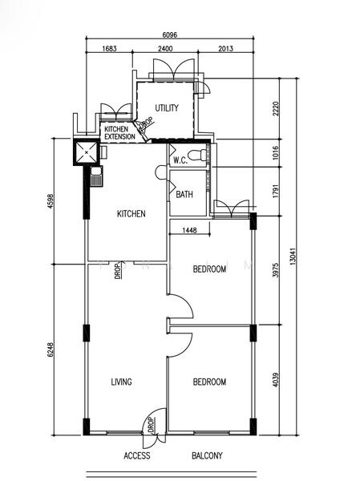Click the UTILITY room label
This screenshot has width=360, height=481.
167,108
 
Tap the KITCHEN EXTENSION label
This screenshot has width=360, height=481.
119,133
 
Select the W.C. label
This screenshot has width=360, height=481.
180,160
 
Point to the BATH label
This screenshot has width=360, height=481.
184,194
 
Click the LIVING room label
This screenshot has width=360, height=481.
122,382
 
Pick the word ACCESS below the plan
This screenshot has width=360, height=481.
137,455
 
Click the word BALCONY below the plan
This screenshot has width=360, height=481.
207,455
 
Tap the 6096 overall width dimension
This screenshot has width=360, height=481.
170,35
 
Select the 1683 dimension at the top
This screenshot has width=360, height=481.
109,48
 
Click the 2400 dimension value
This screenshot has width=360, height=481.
165,48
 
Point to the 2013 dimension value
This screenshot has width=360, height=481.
225,48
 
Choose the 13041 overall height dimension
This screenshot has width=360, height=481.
293,257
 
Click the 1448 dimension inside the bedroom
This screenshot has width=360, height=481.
189,230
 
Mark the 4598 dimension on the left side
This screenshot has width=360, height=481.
51,201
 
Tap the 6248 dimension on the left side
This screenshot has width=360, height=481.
51,350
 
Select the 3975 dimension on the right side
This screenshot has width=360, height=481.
276,270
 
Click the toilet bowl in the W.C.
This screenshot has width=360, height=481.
197,155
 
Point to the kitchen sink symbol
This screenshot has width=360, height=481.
96,176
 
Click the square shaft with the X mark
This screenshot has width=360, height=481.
87,152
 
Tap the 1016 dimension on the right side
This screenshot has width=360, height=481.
276,152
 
